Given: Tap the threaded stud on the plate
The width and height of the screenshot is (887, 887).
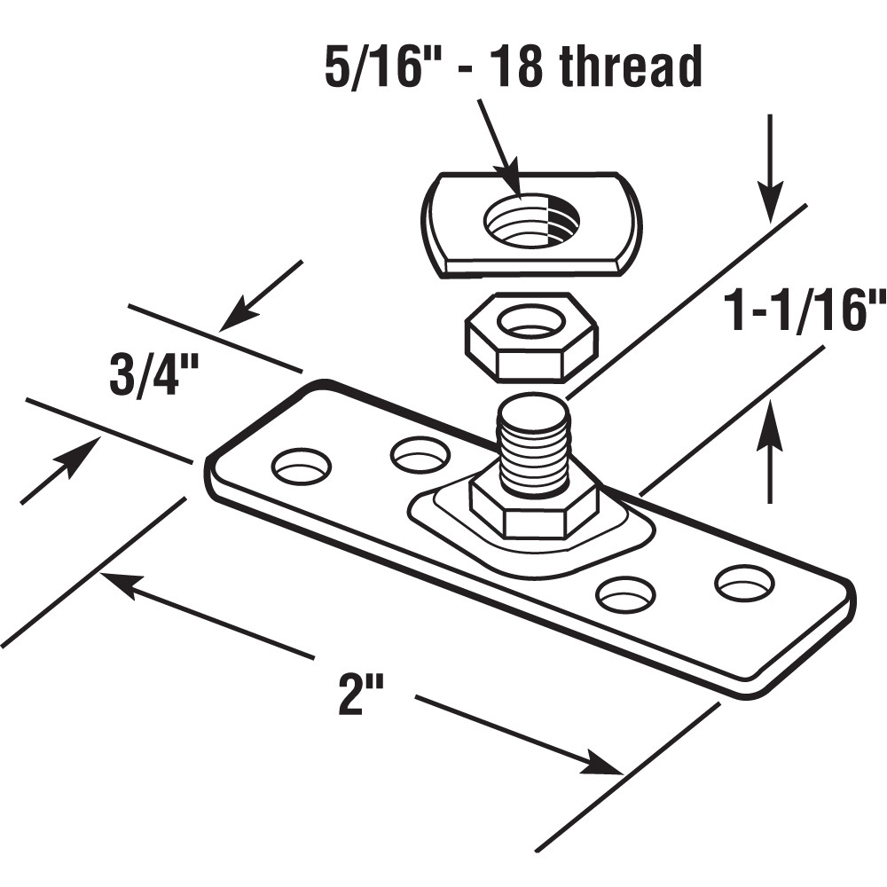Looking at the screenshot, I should click(534, 443).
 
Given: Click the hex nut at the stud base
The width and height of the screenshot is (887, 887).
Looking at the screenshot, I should click(534, 510).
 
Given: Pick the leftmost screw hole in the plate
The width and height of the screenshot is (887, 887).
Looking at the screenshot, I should click(301, 466).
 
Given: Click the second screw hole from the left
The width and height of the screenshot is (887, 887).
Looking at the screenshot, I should click(420, 455).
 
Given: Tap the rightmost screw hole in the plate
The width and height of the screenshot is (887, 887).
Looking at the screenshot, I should click(744, 582).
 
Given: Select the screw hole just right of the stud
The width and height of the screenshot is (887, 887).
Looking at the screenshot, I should click(625, 593).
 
